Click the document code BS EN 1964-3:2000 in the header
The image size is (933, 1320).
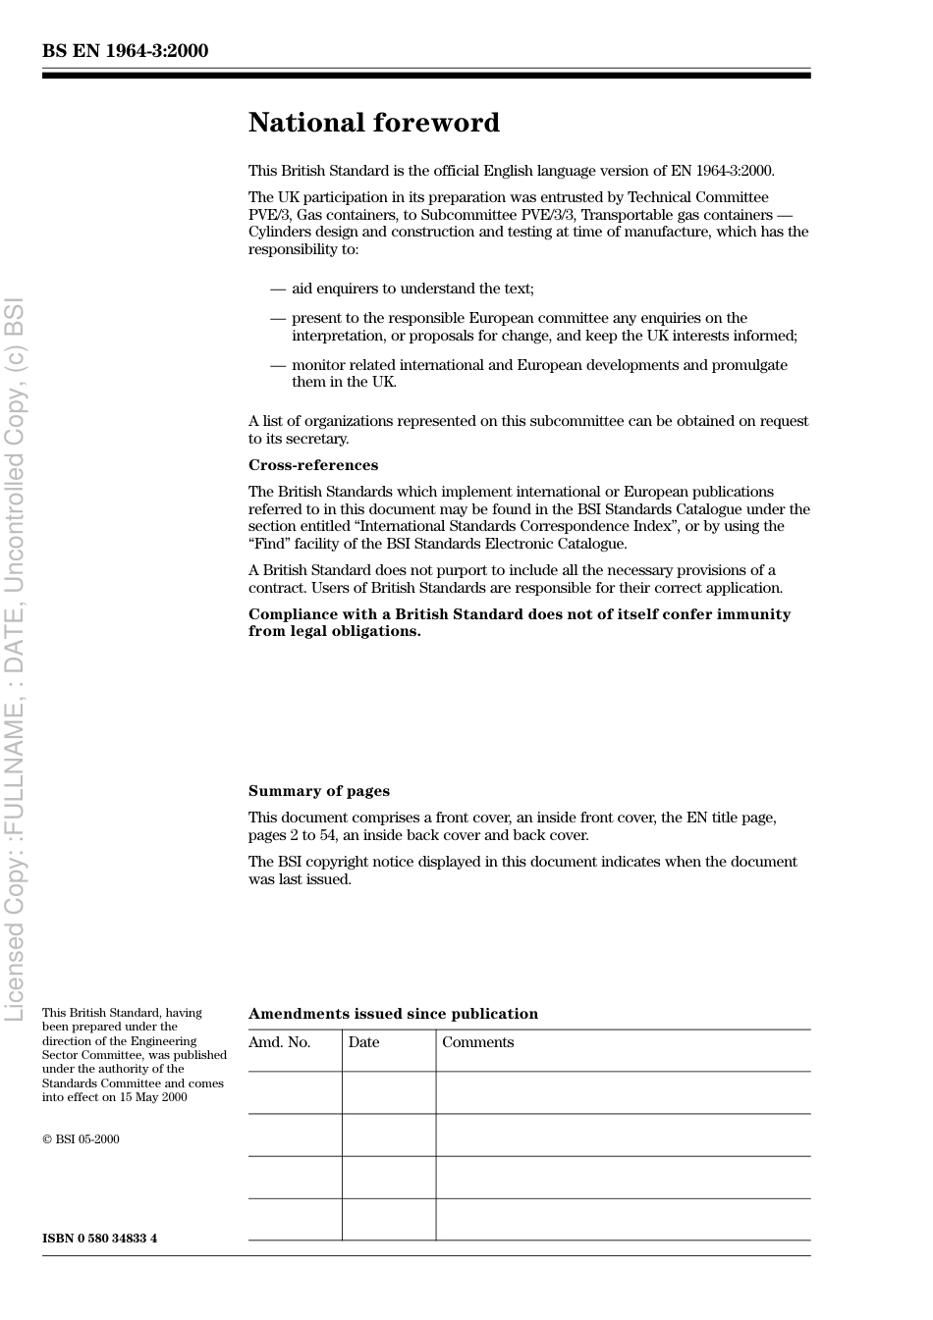(x=125, y=51)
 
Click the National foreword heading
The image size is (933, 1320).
(x=373, y=123)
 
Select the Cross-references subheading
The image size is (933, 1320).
(x=312, y=465)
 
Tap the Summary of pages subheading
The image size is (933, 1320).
(x=318, y=791)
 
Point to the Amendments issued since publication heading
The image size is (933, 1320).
(x=393, y=1014)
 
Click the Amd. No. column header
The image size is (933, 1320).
(x=279, y=1042)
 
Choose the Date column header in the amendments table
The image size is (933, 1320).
(x=363, y=1042)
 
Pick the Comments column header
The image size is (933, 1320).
(x=477, y=1042)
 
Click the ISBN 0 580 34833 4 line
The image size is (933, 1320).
(x=99, y=1239)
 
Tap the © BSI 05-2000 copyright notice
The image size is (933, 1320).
(x=81, y=1139)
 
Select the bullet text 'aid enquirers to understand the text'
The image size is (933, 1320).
(x=412, y=289)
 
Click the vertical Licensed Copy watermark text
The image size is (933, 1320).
(x=15, y=658)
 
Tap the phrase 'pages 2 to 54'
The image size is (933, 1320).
(x=293, y=835)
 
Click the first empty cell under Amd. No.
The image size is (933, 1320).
(x=295, y=1092)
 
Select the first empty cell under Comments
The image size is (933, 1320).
(x=623, y=1092)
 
